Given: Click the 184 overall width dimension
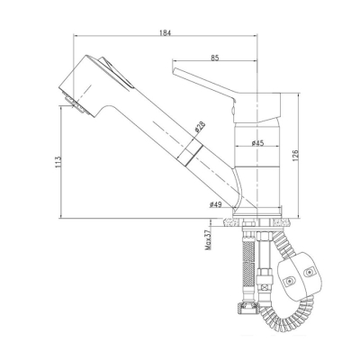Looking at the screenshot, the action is click(166, 32).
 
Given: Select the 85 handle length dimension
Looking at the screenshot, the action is click(215, 58).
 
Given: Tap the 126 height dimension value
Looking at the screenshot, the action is click(294, 156).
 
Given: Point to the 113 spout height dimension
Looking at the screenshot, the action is click(58, 162).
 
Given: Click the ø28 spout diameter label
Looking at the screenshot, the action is click(200, 127).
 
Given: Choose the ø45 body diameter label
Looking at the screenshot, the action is click(257, 143).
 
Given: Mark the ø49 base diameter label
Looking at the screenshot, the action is click(215, 204).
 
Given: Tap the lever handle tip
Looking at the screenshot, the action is click(174, 70).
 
